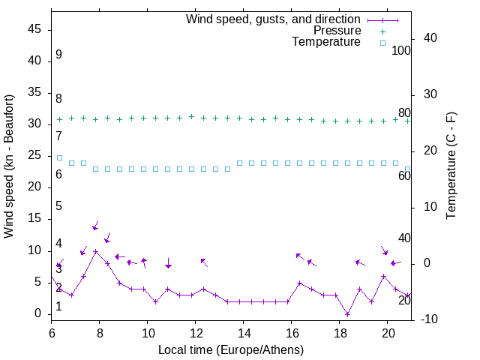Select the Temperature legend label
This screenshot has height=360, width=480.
tap(326, 43)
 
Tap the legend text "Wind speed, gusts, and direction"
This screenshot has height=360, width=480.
tap(273, 19)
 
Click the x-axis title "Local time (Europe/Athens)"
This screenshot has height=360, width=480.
tap(231, 349)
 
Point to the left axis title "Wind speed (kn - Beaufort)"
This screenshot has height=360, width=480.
tap(9, 166)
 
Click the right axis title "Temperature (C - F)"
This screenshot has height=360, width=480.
tap(451, 166)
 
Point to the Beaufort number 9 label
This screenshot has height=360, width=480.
tap(58, 55)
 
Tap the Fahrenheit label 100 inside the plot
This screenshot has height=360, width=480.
tap(401, 51)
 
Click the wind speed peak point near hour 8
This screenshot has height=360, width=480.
tap(95, 251)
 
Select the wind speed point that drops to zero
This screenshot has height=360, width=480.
tap(347, 314)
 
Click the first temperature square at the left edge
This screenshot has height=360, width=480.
tap(59, 157)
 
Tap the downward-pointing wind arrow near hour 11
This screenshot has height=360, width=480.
tap(168, 263)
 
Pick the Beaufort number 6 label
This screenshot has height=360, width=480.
tap(58, 175)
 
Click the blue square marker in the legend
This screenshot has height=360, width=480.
tap(382, 43)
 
